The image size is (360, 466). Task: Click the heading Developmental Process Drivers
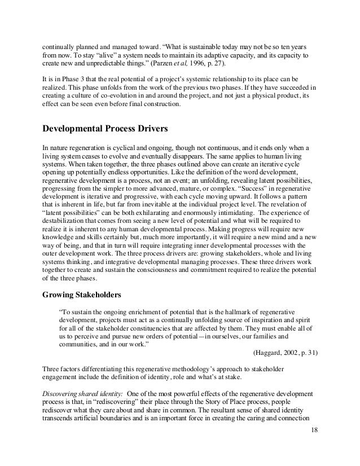(109, 128)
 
